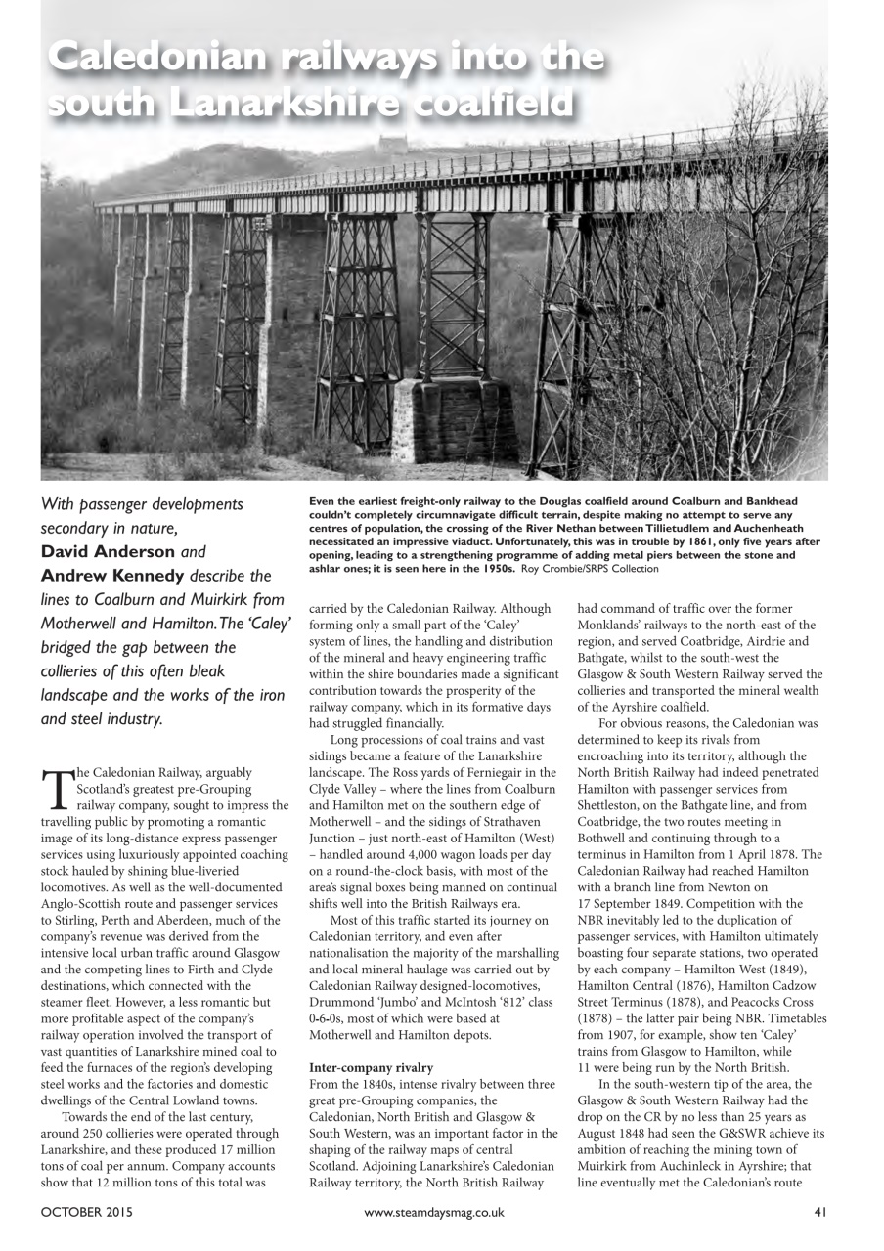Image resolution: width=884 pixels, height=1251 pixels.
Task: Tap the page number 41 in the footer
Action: click(820, 1213)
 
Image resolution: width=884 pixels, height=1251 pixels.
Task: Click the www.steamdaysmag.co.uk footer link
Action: click(433, 1213)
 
